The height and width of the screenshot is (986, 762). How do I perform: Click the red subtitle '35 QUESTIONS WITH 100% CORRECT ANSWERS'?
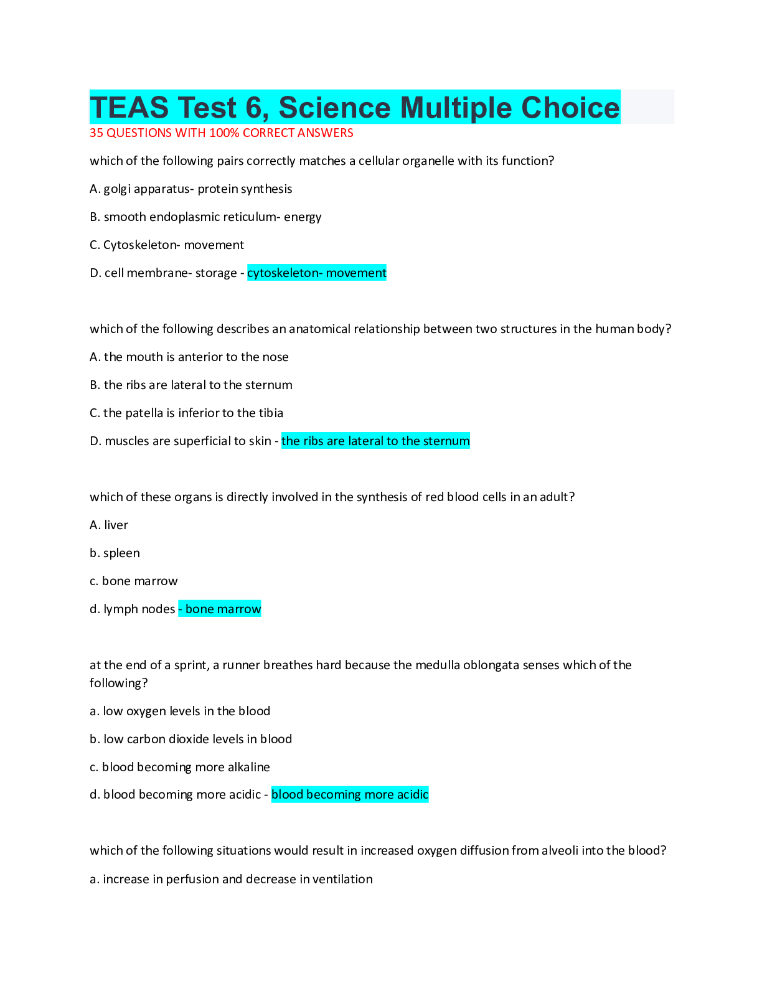tap(221, 133)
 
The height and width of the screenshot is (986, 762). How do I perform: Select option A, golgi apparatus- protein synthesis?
tap(190, 189)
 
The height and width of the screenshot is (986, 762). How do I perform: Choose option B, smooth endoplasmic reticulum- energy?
tap(205, 217)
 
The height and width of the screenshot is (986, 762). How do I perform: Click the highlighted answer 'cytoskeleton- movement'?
tap(316, 273)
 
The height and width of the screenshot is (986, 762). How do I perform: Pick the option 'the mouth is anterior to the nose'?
tap(189, 357)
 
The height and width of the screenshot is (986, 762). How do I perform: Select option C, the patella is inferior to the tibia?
tap(186, 413)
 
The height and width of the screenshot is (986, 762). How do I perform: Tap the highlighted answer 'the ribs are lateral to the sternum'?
tap(375, 441)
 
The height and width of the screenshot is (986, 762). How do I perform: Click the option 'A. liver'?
tap(109, 525)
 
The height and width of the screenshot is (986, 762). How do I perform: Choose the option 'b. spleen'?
tap(115, 553)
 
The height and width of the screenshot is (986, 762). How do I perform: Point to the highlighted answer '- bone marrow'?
tap(220, 609)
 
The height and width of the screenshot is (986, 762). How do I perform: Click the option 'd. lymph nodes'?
tap(132, 609)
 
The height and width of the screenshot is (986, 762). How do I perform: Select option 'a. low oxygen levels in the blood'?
tap(180, 711)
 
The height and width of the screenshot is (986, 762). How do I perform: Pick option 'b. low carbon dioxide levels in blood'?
tap(190, 739)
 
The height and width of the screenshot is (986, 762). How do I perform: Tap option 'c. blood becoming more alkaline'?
tap(179, 768)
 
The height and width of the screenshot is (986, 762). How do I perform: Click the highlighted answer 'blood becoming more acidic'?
tap(350, 795)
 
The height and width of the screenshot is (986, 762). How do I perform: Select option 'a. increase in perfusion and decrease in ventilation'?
tap(231, 880)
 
